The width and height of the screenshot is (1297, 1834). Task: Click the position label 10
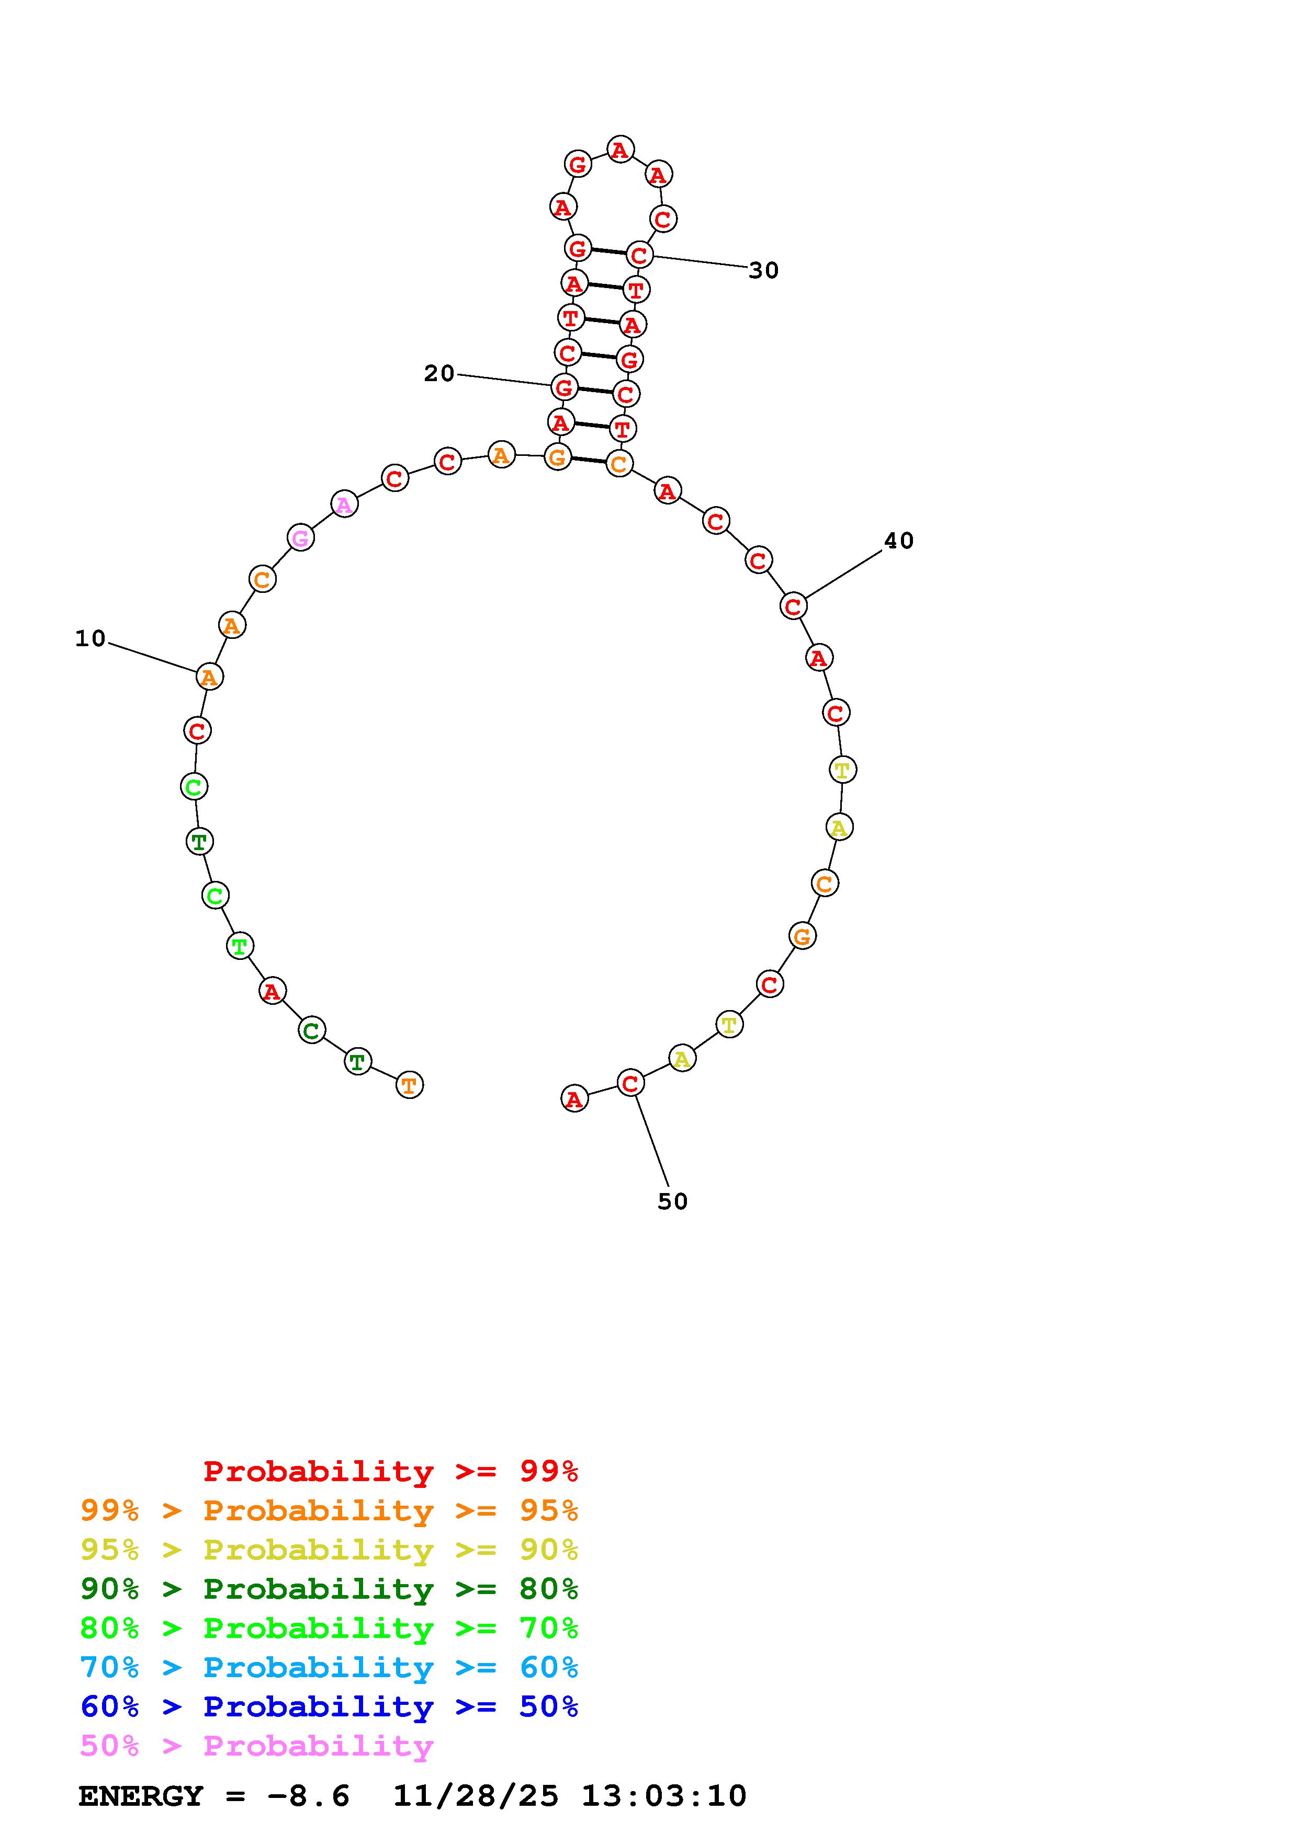pyautogui.click(x=91, y=638)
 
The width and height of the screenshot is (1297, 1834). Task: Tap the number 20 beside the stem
pyautogui.click(x=439, y=373)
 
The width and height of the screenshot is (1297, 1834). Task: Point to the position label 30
pyautogui.click(x=763, y=271)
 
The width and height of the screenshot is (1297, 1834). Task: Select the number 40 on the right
pyautogui.click(x=898, y=541)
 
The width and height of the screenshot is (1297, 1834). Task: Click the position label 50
pyautogui.click(x=672, y=1201)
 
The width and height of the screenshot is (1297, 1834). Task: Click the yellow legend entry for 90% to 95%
pyautogui.click(x=329, y=1550)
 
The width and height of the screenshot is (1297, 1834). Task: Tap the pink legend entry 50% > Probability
pyautogui.click(x=256, y=1745)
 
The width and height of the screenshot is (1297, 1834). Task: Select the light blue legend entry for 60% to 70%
pyautogui.click(x=329, y=1667)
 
